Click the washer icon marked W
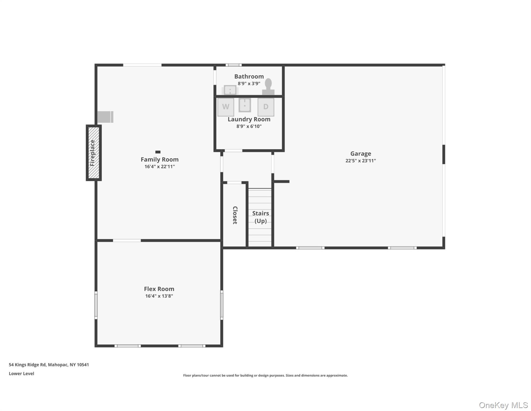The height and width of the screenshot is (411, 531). (x=226, y=107)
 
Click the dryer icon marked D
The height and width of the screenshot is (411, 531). (x=266, y=107)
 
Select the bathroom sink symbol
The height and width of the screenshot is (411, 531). (x=230, y=90)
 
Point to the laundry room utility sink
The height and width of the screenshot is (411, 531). (x=245, y=105)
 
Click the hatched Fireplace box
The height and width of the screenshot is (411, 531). (x=94, y=153)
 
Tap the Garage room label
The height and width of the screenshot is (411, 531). (x=361, y=154)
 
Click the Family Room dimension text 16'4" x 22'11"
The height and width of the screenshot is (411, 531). (x=160, y=166)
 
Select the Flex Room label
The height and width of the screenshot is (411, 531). (x=159, y=289)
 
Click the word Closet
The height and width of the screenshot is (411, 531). (x=235, y=215)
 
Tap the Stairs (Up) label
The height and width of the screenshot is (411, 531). (x=260, y=217)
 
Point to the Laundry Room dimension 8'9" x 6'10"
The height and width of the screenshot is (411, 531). (x=249, y=126)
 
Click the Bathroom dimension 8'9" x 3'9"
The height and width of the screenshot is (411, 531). (x=249, y=83)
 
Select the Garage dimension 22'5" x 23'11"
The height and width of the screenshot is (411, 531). (x=361, y=161)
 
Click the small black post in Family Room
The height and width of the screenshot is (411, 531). (x=158, y=152)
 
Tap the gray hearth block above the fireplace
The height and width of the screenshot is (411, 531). (x=105, y=117)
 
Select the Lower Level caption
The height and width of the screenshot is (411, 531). (x=21, y=374)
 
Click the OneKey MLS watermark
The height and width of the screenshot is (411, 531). (x=503, y=405)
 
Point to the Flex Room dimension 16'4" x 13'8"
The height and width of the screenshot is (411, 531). (x=159, y=296)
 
